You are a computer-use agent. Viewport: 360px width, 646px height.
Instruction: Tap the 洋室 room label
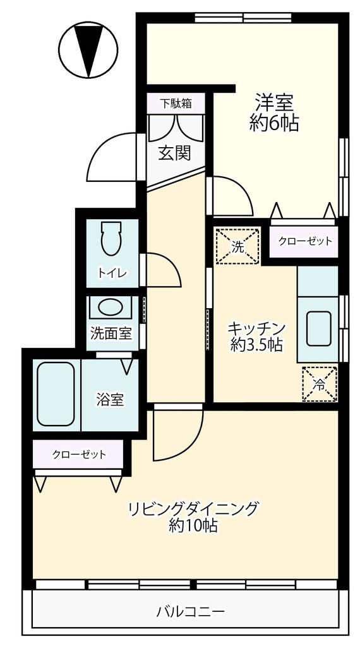pyautogui.click(x=273, y=101)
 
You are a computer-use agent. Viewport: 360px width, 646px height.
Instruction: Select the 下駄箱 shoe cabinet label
pyautogui.click(x=175, y=102)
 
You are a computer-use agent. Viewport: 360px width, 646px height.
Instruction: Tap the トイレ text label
pyautogui.click(x=112, y=273)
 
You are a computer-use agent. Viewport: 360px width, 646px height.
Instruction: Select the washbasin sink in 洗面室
pyautogui.click(x=111, y=308)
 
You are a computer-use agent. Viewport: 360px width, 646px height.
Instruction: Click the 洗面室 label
pyautogui.click(x=111, y=333)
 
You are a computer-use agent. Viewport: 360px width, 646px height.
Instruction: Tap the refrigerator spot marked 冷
pyautogui.click(x=319, y=384)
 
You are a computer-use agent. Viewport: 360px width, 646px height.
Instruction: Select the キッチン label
pyautogui.click(x=256, y=328)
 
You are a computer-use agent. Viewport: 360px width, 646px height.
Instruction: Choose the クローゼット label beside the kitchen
pyautogui.click(x=305, y=241)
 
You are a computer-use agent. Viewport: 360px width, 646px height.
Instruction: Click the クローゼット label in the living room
pyautogui.click(x=78, y=453)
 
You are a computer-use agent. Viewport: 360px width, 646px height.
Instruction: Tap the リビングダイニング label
pyautogui.click(x=193, y=508)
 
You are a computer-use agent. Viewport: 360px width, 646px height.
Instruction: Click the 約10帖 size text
pyautogui.click(x=193, y=525)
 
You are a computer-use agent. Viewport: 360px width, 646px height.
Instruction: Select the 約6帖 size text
pyautogui.click(x=273, y=124)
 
